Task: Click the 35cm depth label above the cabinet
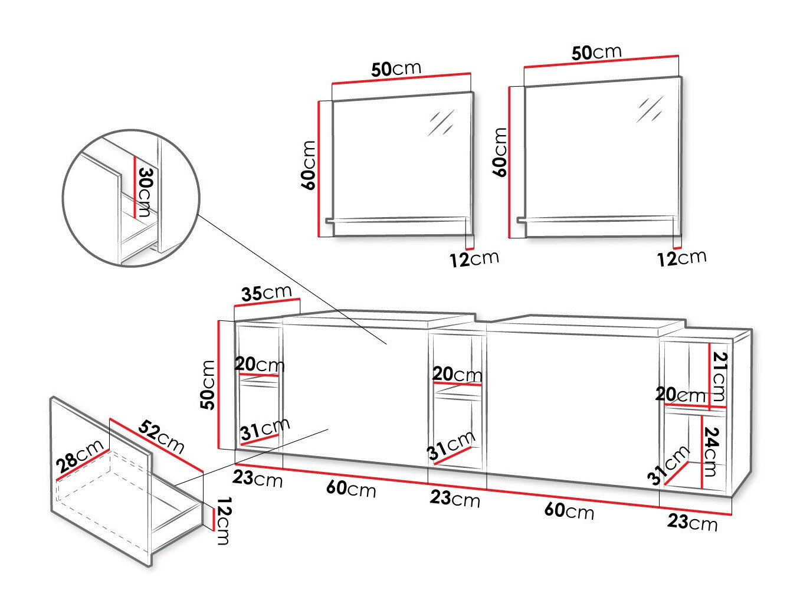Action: pos(266,293)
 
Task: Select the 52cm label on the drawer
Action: pos(161,437)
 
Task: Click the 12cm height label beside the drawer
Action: pos(222,520)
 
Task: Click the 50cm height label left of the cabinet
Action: pos(208,385)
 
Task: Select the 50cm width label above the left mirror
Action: pos(396,69)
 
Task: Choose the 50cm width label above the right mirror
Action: pos(596,53)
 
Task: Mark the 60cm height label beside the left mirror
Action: pos(309,165)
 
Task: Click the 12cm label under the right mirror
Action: pos(681,258)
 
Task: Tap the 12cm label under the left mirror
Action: pos(474,259)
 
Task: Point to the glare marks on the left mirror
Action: pos(441,122)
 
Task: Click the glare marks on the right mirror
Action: pos(650,109)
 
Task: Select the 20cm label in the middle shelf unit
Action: pos(457,374)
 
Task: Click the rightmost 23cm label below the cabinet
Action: pos(693,522)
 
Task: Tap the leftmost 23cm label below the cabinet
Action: pos(257,478)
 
